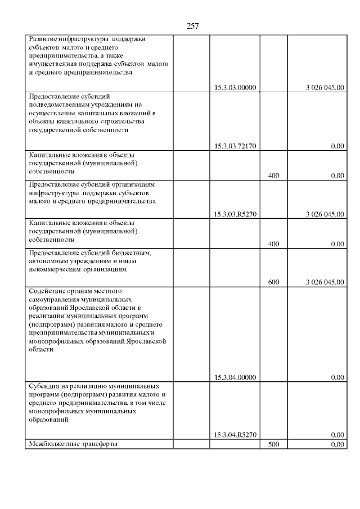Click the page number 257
click(x=192, y=26)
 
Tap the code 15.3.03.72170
click(x=235, y=146)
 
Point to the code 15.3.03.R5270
click(x=235, y=214)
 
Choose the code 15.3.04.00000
click(x=235, y=377)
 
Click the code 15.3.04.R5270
click(x=235, y=434)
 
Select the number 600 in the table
click(x=274, y=282)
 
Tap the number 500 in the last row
click(x=274, y=445)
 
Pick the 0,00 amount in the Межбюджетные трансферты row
click(x=337, y=445)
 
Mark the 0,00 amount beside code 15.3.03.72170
click(x=337, y=146)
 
